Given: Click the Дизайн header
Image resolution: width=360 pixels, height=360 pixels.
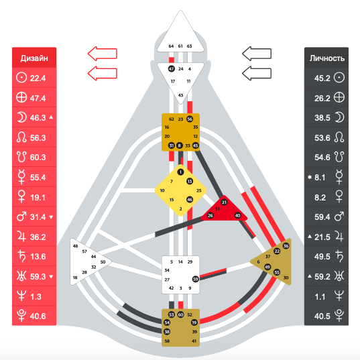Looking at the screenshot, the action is [x=34, y=58].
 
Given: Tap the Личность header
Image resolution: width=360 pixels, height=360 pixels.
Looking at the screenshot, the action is [x=327, y=58].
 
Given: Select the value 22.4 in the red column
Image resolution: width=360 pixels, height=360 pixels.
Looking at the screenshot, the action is [x=38, y=78].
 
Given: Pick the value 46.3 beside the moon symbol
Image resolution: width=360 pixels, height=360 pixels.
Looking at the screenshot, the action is [x=38, y=118].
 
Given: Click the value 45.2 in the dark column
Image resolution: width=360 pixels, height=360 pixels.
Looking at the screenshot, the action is [x=322, y=78].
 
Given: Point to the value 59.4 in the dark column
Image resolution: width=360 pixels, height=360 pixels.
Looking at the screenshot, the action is [x=322, y=217].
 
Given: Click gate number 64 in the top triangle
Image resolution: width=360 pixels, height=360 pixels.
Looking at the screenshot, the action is [x=171, y=46].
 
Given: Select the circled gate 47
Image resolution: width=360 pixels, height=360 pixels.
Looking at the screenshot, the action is [x=171, y=68].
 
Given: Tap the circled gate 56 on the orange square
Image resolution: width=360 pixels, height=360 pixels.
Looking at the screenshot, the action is [x=190, y=119].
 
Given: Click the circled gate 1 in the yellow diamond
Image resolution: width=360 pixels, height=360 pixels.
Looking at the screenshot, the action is [x=180, y=172].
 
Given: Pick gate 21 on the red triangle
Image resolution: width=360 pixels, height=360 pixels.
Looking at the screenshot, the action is [x=224, y=202].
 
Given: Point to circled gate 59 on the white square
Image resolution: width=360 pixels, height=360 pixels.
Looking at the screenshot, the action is [x=195, y=279].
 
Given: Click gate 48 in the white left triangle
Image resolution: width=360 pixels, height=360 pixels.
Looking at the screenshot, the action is [x=75, y=246].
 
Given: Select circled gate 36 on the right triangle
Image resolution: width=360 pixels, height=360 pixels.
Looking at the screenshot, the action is [x=286, y=246].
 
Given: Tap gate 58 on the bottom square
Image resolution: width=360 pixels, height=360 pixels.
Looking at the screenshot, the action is [x=167, y=341].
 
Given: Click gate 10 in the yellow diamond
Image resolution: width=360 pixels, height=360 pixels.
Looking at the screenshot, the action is [x=162, y=190].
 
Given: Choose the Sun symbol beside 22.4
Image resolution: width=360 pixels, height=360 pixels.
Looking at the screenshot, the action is [x=21, y=78].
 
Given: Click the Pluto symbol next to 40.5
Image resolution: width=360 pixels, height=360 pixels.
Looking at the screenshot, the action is [x=339, y=316].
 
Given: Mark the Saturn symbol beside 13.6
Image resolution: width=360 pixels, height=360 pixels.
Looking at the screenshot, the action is [x=22, y=256].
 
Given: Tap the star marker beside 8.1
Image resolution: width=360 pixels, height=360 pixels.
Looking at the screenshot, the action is [x=310, y=177].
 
